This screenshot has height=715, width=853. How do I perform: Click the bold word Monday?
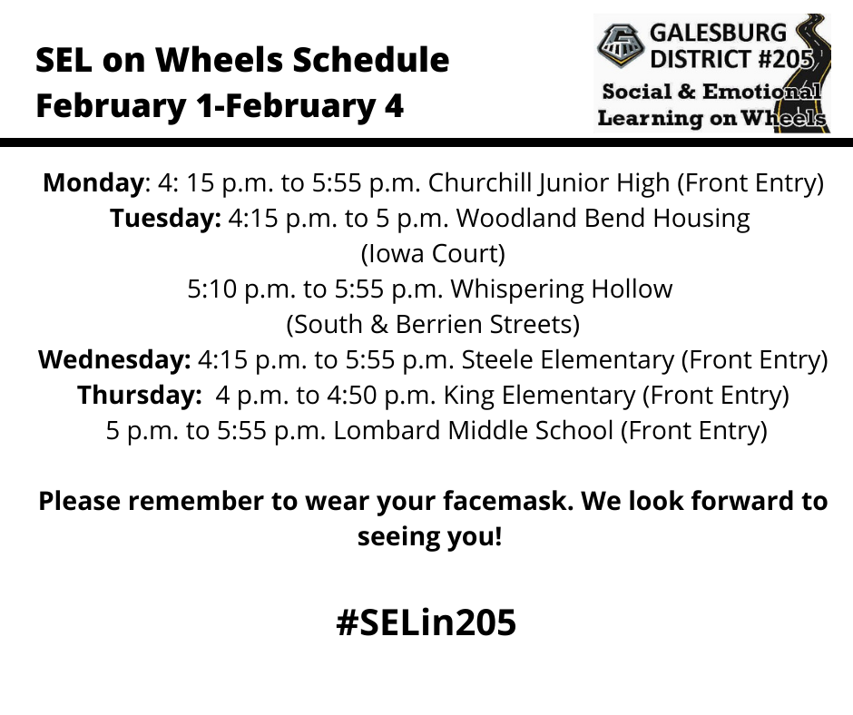point(93,183)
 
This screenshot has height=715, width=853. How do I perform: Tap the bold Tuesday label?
point(165,219)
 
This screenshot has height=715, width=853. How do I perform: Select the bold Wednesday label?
point(114,360)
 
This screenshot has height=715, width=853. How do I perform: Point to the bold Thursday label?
point(139,396)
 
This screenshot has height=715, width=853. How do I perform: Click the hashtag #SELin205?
point(426,622)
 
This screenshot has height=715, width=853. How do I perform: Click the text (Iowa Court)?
point(433,254)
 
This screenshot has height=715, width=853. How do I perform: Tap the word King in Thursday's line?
point(468,396)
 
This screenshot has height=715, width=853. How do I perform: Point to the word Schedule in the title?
point(371,59)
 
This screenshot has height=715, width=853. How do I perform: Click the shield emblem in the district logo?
point(621,45)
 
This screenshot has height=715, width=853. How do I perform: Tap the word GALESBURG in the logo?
point(718,34)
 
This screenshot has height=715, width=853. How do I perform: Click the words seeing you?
point(430,536)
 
